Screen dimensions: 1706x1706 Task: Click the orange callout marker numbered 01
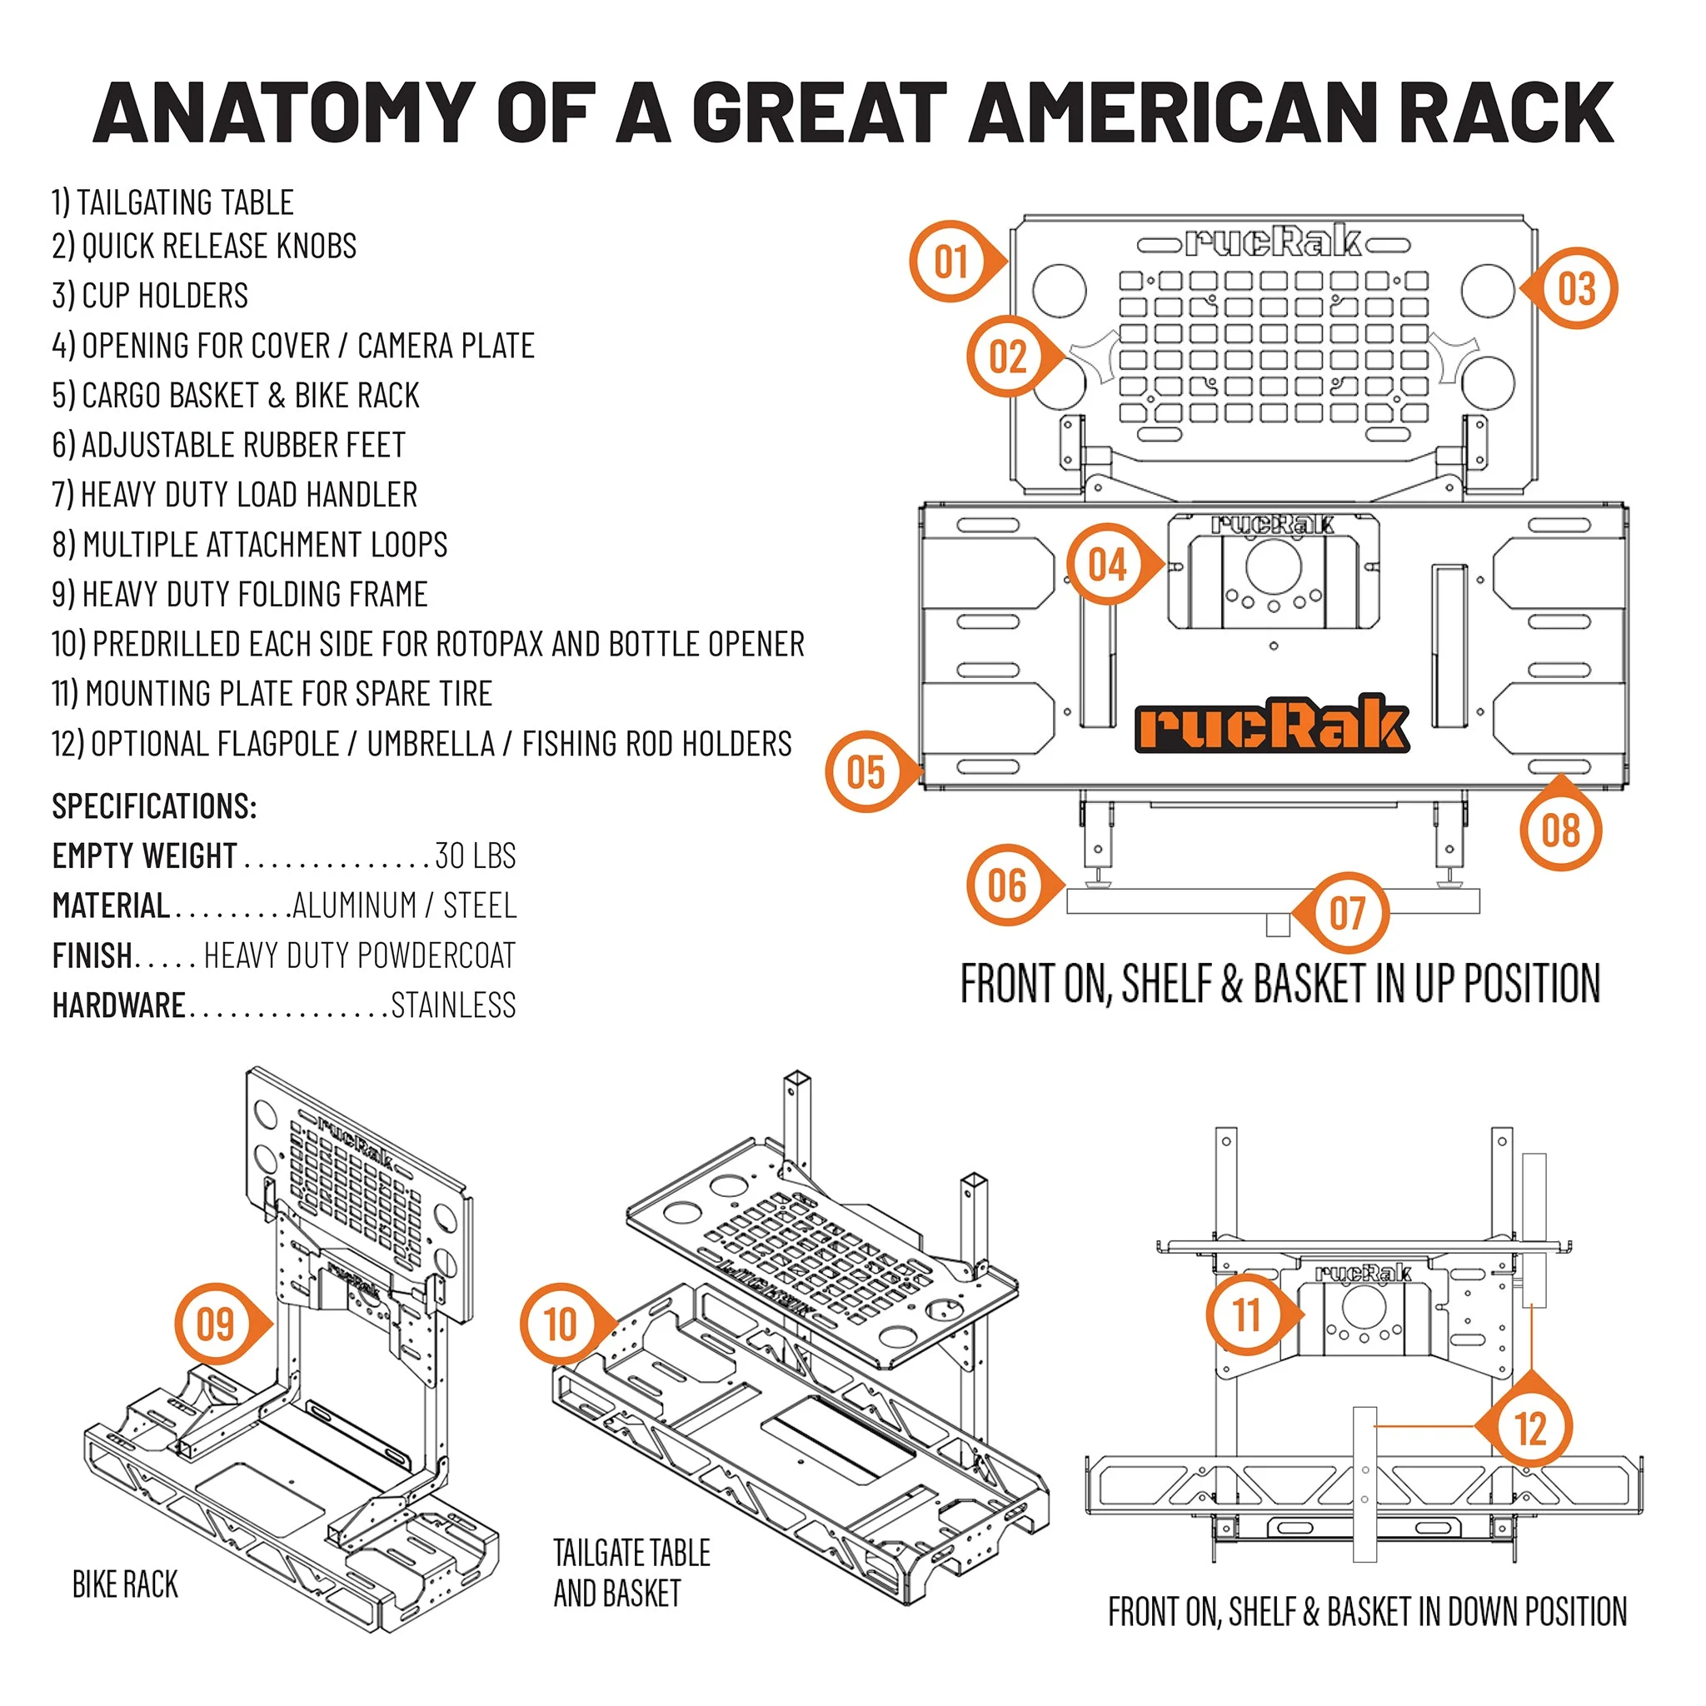951,262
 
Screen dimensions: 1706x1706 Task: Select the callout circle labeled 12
1530,1428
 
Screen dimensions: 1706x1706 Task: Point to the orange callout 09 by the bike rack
215,1324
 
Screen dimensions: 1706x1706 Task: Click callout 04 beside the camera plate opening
1107,565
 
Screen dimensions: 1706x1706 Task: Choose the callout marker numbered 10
560,1324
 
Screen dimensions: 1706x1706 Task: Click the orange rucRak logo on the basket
1271,724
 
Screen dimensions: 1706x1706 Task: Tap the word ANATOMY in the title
284,113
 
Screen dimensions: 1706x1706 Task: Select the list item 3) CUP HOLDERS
150,296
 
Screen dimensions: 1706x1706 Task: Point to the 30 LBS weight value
475,855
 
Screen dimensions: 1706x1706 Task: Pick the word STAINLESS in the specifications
453,1005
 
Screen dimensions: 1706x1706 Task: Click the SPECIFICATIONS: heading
155,806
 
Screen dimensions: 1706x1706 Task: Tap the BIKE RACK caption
126,1584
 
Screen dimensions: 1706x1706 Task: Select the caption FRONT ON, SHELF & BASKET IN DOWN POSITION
1367,1612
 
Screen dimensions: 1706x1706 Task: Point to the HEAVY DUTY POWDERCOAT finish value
359,955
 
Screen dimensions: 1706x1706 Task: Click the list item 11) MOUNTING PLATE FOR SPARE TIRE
271,694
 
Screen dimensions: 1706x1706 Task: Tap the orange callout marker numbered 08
1560,830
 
